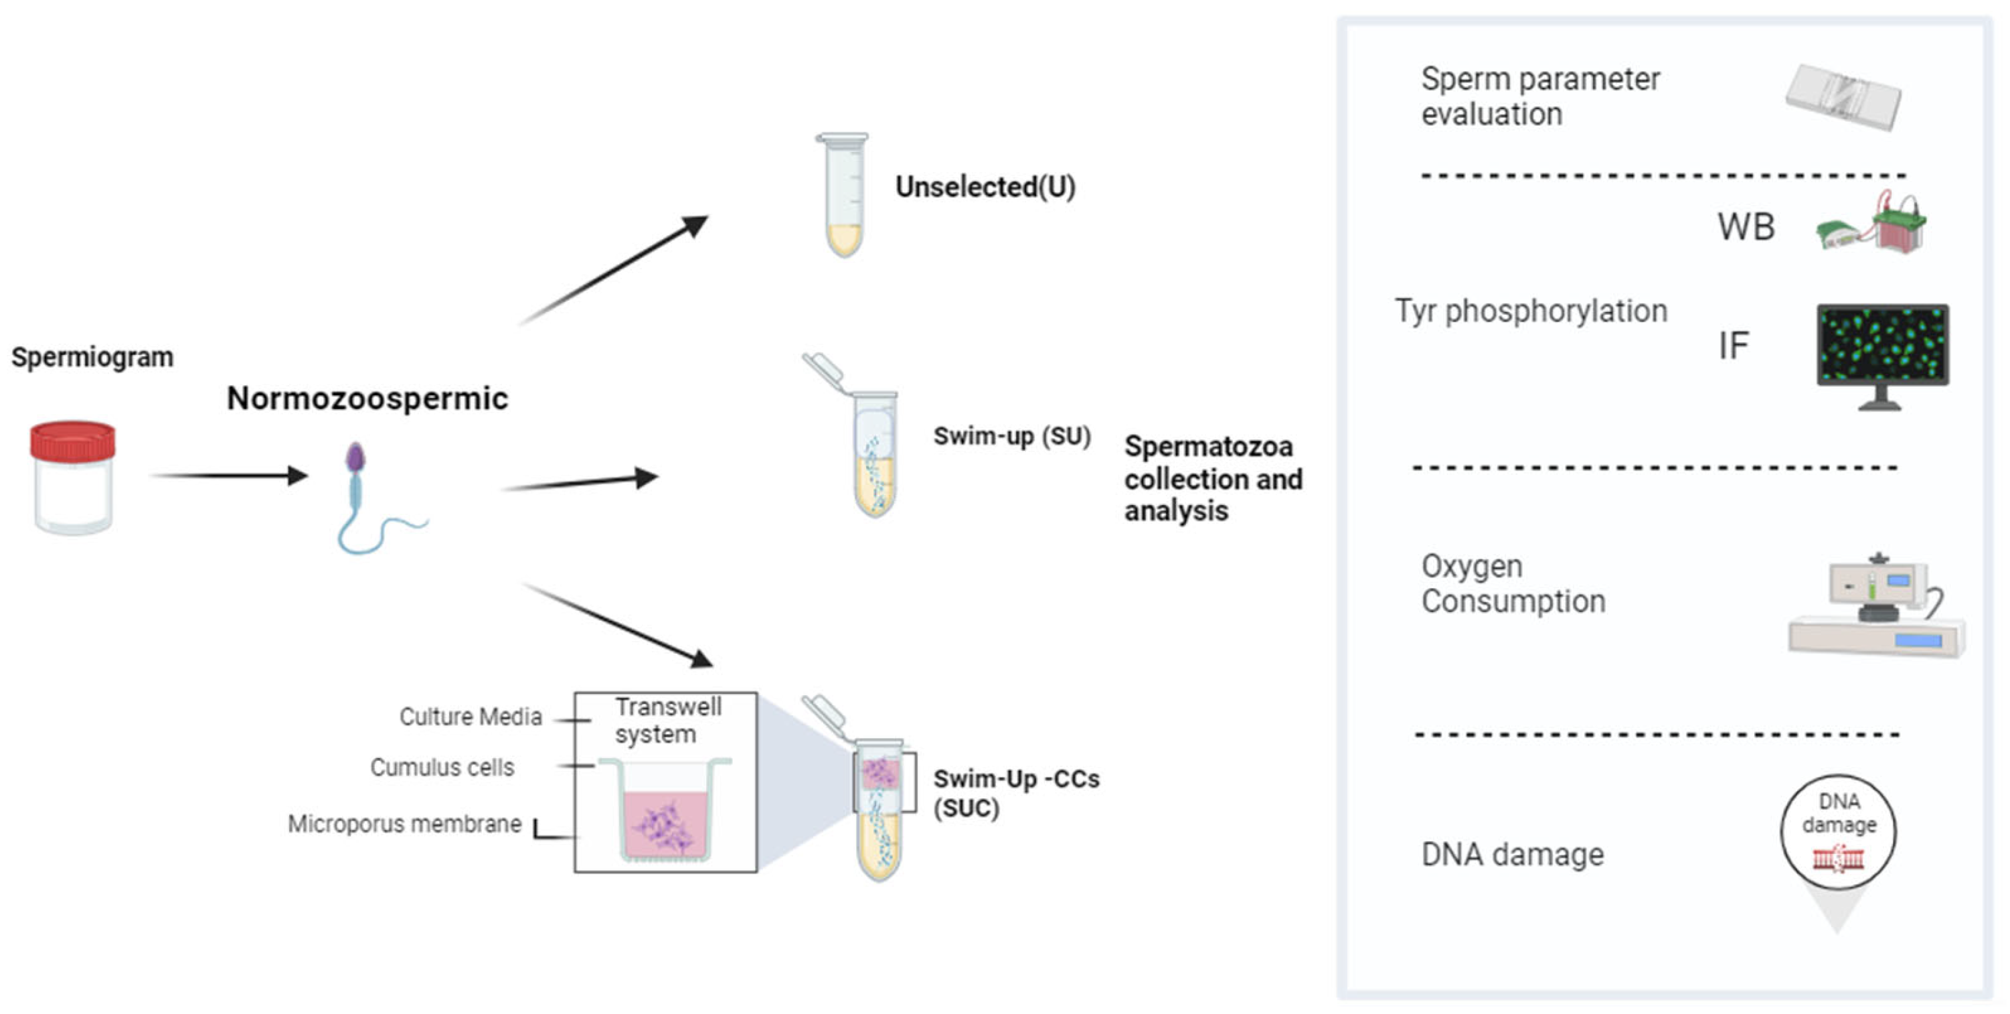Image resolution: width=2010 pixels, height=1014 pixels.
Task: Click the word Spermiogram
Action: pyautogui.click(x=92, y=357)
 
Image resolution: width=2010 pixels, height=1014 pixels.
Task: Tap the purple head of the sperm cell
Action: pyautogui.click(x=355, y=457)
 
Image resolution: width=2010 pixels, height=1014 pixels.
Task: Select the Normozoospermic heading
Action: pyautogui.click(x=367, y=398)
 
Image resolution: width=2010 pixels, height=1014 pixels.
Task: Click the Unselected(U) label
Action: pyautogui.click(x=985, y=187)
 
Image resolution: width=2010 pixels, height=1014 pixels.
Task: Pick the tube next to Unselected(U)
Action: pyautogui.click(x=843, y=195)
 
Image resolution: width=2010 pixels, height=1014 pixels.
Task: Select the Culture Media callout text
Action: pyautogui.click(x=470, y=717)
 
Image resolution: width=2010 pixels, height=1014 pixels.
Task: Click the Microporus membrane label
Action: pyautogui.click(x=404, y=824)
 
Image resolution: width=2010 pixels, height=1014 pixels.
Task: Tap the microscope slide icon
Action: pyautogui.click(x=1843, y=98)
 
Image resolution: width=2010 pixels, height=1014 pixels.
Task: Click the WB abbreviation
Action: pyautogui.click(x=1746, y=227)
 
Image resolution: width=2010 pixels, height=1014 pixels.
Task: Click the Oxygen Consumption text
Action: pyautogui.click(x=1512, y=583)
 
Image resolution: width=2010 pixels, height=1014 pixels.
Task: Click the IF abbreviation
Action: pyautogui.click(x=1733, y=345)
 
